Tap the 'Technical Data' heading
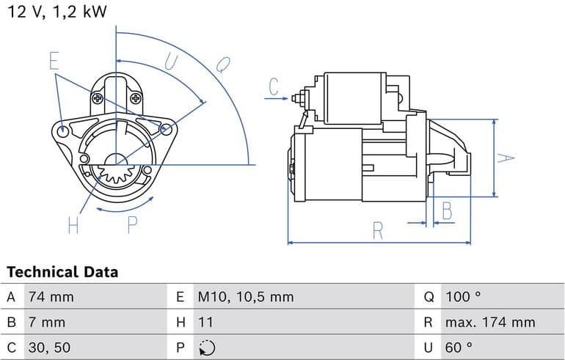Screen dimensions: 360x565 click(62, 272)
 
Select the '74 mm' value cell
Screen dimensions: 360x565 click(51, 297)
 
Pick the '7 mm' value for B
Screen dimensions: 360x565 click(47, 322)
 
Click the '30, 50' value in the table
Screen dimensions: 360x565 click(50, 347)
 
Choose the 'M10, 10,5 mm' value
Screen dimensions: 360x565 click(245, 297)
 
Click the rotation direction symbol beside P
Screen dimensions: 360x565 click(206, 347)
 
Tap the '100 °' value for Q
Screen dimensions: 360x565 click(462, 297)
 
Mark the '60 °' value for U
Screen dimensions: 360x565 click(458, 347)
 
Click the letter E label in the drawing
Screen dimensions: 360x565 click(54, 61)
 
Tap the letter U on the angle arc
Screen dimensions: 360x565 click(169, 63)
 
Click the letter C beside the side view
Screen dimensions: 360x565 click(274, 87)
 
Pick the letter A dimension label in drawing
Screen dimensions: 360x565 click(504, 158)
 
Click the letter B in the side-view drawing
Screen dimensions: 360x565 click(446, 211)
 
